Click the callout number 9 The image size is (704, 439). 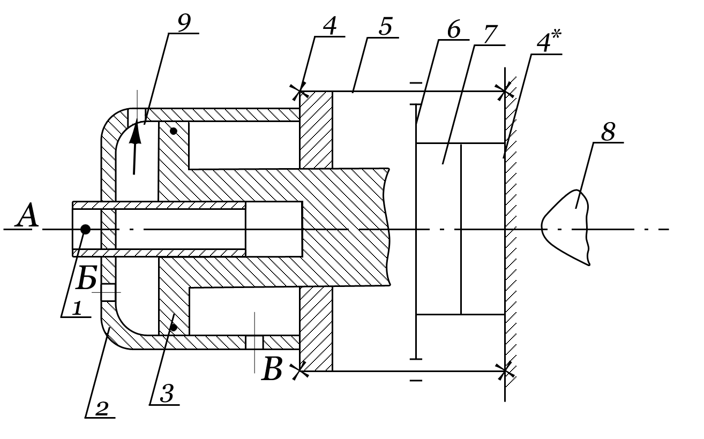[x=184, y=23]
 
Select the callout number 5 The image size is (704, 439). [x=385, y=27]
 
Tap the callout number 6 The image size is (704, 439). [x=453, y=30]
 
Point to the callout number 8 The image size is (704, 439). [x=608, y=132]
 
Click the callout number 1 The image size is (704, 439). [x=76, y=308]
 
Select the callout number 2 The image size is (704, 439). [x=101, y=409]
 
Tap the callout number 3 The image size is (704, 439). [x=166, y=395]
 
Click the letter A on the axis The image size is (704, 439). [x=27, y=218]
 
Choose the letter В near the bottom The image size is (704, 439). [x=272, y=370]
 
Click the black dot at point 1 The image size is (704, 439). [x=85, y=230]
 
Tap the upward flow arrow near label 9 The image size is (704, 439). [x=135, y=147]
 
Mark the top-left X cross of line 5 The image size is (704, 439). [x=299, y=92]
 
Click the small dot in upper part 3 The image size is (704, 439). [x=173, y=131]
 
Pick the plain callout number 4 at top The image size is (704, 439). [x=330, y=26]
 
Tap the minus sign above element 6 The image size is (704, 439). [x=416, y=84]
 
